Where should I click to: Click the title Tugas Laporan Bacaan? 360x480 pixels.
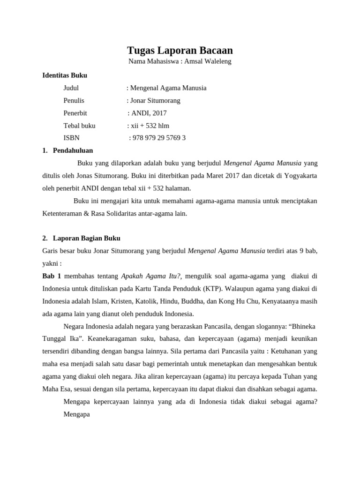[x=180, y=50]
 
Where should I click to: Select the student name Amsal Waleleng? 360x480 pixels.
[x=209, y=61]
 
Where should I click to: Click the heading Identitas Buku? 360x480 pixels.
[x=65, y=75]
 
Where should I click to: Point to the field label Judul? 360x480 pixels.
[x=71, y=88]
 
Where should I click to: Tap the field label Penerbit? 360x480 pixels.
[x=75, y=113]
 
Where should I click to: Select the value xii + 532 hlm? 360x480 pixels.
[x=150, y=126]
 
